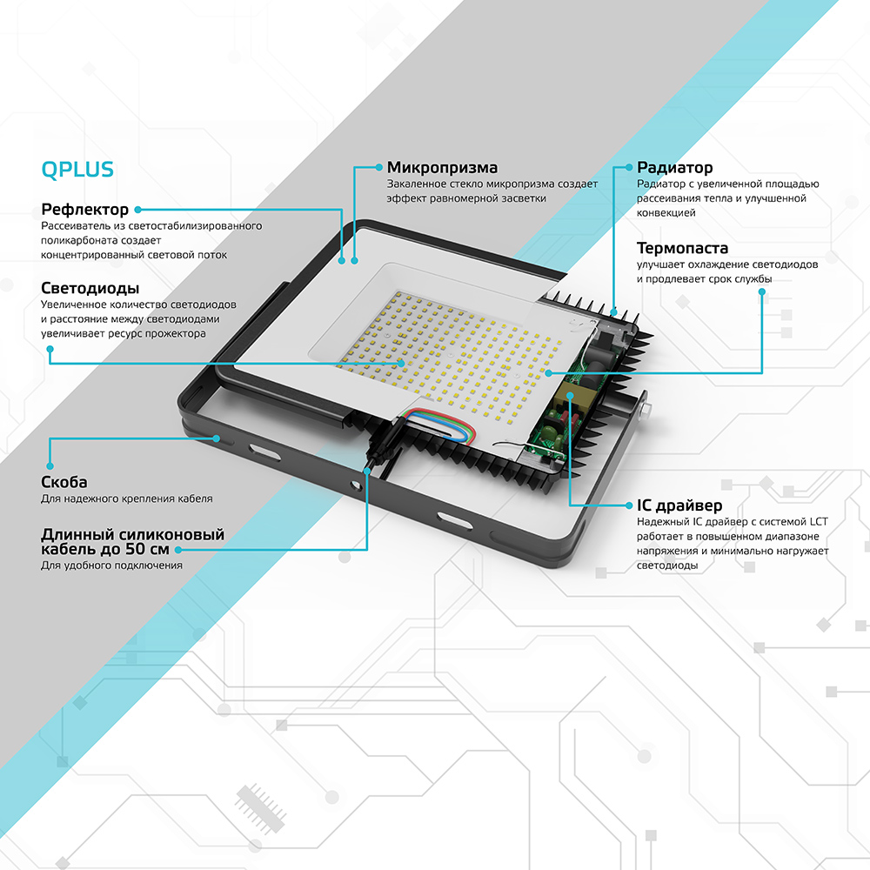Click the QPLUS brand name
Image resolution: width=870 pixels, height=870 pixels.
tap(77, 169)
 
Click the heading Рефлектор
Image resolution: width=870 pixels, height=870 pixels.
tap(85, 210)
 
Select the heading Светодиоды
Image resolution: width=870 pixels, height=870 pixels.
tap(90, 288)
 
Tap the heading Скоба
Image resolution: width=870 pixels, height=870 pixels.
tap(64, 482)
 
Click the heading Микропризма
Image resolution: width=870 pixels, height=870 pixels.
tap(443, 167)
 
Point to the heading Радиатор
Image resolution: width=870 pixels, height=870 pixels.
tap(674, 167)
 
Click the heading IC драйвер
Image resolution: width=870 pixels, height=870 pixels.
tap(679, 505)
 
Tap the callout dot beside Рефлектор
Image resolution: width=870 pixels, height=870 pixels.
tap(137, 210)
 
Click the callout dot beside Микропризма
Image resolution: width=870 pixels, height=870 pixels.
tap(378, 166)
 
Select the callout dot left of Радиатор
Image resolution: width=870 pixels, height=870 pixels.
tap(628, 166)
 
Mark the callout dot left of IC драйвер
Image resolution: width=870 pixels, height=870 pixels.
tap(628, 505)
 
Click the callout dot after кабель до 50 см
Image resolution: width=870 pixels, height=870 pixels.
tap(178, 549)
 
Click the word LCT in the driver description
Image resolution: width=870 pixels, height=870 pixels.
tap(818, 521)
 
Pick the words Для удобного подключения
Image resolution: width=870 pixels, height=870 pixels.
tap(111, 565)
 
